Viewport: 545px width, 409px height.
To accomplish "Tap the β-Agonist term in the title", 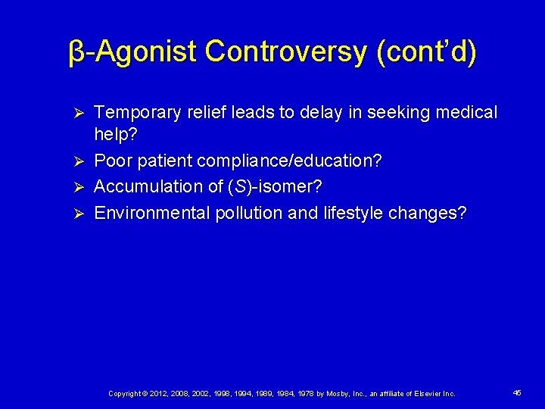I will point(132,52).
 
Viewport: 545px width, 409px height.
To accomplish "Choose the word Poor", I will point(112,161).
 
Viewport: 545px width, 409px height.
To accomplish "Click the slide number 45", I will point(517,393).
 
